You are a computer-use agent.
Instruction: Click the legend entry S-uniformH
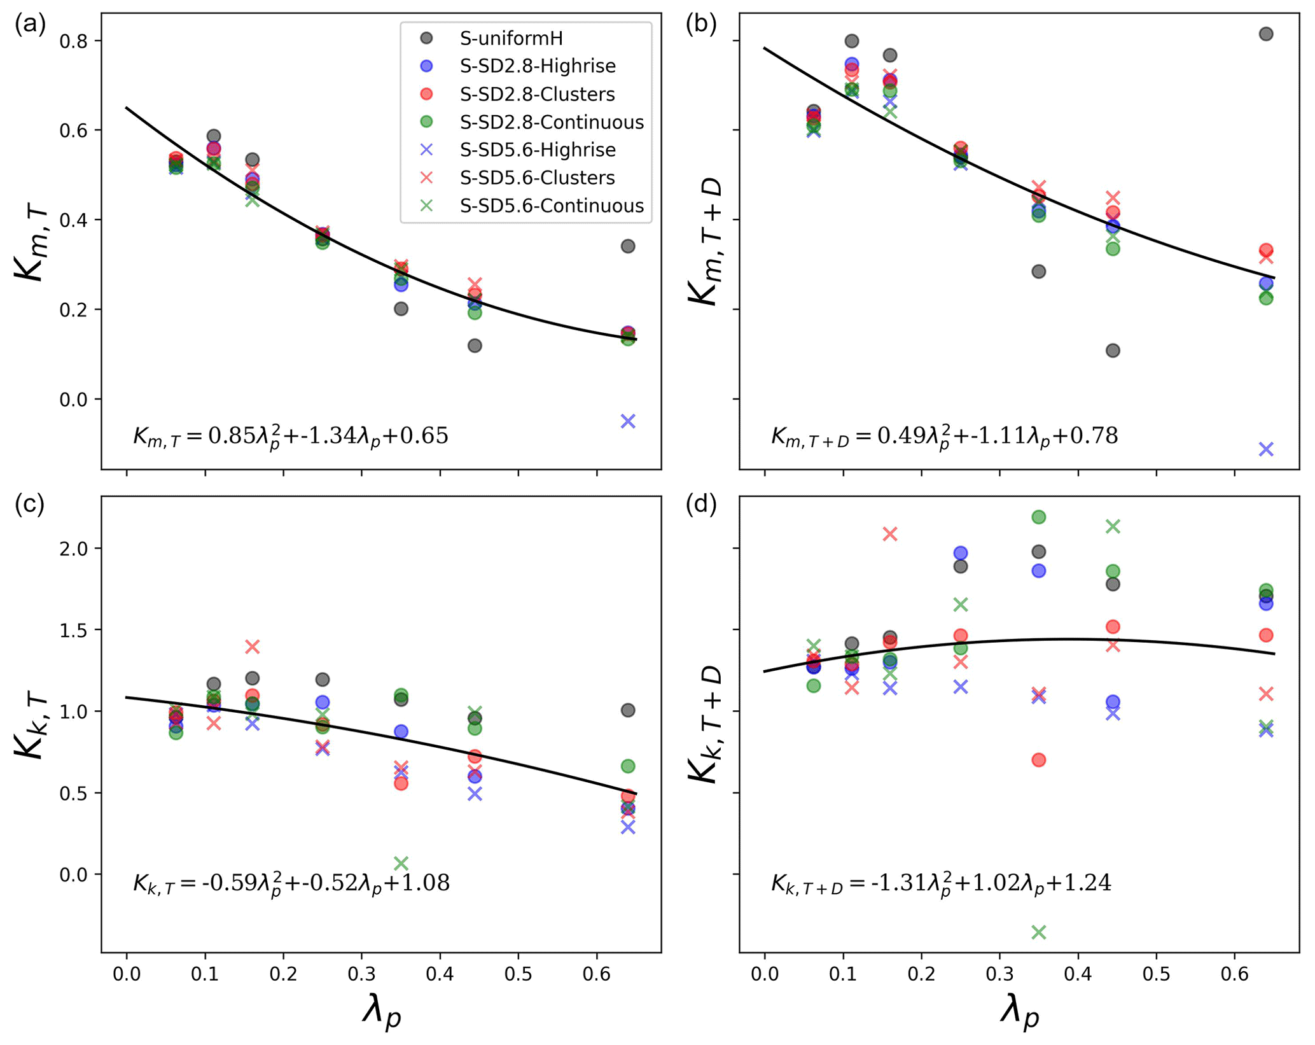point(511,39)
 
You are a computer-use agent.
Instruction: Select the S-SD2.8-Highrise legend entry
point(538,66)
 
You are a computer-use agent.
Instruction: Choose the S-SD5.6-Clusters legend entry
point(537,178)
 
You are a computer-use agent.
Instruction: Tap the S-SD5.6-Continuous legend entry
point(552,206)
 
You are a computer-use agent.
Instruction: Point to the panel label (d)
point(701,504)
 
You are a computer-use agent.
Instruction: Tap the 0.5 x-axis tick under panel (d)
point(1156,974)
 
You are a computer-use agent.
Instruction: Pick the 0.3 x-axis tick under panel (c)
point(361,974)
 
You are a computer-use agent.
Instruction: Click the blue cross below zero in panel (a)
point(628,421)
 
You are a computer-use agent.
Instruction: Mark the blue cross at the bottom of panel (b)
point(1266,449)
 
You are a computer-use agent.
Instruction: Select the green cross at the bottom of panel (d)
point(1038,932)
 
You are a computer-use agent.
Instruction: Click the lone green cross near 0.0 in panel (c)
point(401,864)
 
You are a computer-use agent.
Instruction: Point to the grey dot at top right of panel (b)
point(1266,34)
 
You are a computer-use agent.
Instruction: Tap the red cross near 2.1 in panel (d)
point(890,534)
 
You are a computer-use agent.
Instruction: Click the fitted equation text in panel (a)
point(290,437)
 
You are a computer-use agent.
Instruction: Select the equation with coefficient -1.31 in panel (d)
point(941,883)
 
